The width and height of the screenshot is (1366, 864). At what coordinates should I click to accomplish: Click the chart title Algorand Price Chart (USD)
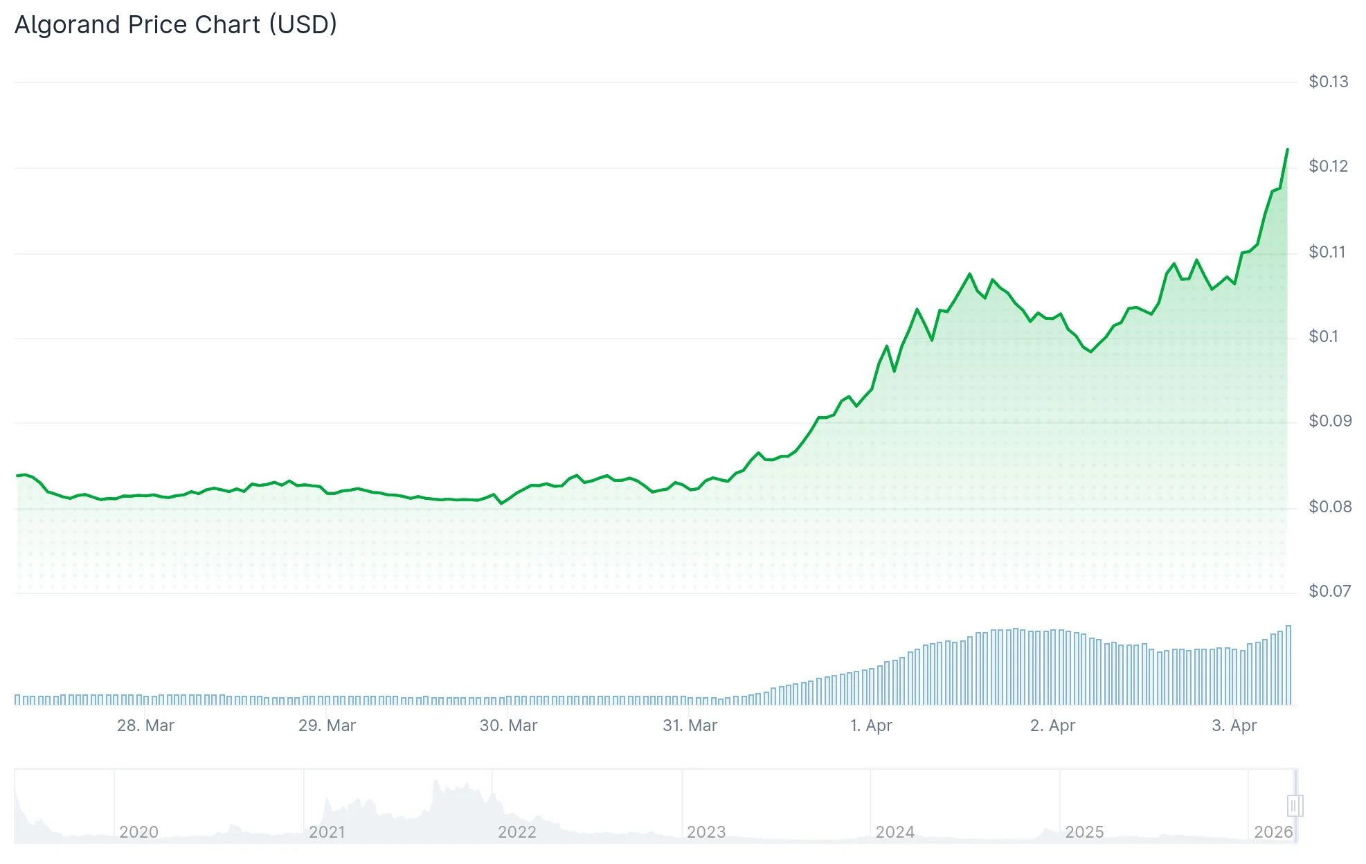[x=176, y=25]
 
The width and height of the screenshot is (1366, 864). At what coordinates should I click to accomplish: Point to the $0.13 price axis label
[x=1328, y=82]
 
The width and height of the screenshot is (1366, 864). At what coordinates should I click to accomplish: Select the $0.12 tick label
[x=1328, y=166]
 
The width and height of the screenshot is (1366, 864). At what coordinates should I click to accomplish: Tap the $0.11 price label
[x=1327, y=252]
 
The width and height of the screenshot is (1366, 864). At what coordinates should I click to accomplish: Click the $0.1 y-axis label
[x=1323, y=336]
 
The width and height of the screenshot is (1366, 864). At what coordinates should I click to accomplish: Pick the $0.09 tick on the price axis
[x=1329, y=421]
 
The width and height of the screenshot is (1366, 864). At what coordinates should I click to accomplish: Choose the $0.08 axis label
[x=1329, y=507]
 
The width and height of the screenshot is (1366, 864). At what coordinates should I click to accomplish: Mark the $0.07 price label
[x=1329, y=591]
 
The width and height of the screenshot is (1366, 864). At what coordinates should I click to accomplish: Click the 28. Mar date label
[x=145, y=726]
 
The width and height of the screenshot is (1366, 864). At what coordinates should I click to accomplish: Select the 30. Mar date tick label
[x=508, y=726]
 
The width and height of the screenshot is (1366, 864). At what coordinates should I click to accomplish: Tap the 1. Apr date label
[x=871, y=726]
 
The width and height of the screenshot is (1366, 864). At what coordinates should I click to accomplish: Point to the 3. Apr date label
[x=1234, y=726]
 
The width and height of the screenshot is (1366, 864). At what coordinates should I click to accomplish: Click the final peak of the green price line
[x=1287, y=150]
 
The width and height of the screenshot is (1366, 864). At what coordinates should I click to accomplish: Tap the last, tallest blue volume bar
[x=1288, y=665]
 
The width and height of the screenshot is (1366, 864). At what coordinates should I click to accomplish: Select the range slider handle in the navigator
[x=1295, y=806]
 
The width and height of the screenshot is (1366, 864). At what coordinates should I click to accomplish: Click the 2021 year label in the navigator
[x=327, y=831]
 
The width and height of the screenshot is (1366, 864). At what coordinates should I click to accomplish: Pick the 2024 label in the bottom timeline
[x=895, y=831]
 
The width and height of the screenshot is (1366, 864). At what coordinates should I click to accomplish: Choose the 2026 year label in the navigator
[x=1273, y=831]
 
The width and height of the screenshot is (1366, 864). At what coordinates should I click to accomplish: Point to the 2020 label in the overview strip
[x=138, y=831]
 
